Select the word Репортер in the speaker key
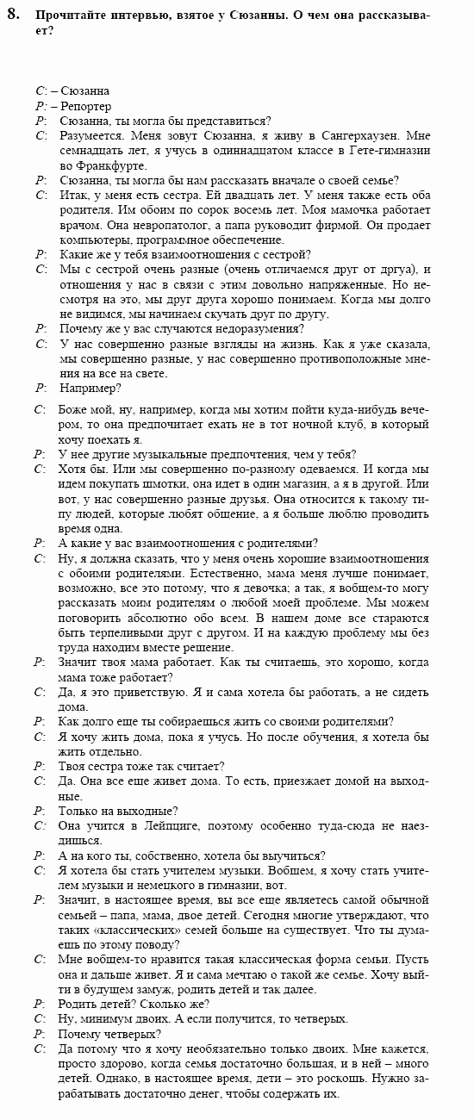85,105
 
